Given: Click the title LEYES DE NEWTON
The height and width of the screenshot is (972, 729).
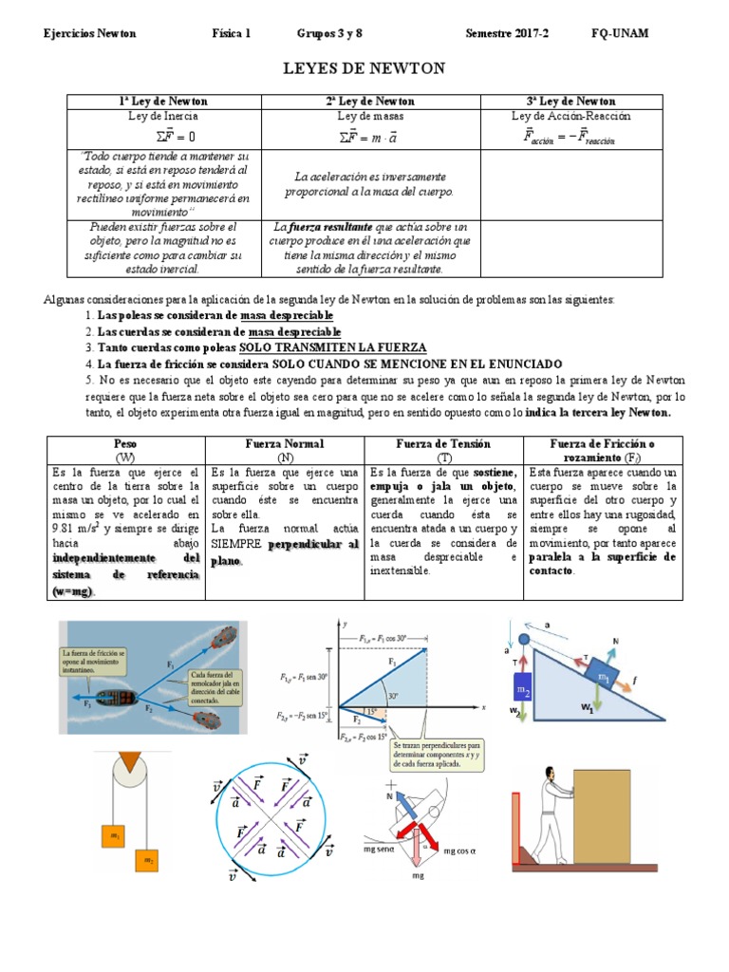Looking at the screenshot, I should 364,68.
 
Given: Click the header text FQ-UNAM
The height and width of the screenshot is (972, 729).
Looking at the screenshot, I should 620,33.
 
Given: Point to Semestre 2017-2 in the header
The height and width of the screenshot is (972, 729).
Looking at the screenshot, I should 507,33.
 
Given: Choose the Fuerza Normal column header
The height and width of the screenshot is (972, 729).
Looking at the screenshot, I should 285,443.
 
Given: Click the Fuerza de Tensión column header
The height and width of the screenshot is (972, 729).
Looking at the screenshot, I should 443,443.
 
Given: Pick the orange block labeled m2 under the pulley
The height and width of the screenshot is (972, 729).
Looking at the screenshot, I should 149,859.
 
